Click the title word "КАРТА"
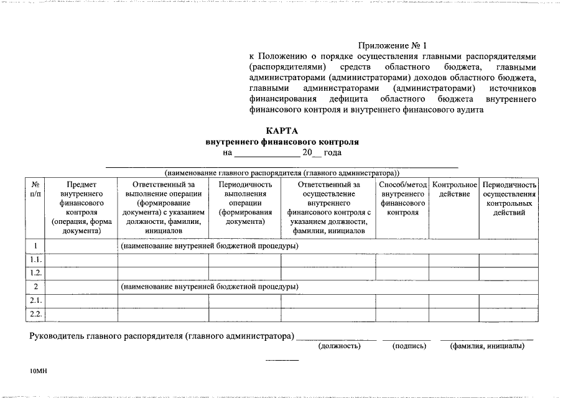pos(282,131)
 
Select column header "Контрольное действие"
pos(454,190)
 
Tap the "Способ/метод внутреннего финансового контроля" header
pos(402,198)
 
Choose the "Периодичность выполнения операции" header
pos(244,203)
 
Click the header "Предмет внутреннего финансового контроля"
pos(81,208)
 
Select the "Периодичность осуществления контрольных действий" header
pos(509,198)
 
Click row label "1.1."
pos(35,259)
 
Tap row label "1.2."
pos(35,273)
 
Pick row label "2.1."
pos(35,300)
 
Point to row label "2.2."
pos(35,313)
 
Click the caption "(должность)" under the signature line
pos(339,346)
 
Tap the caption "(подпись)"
pos(409,346)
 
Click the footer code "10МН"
pos(39,371)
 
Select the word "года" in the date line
pos(333,152)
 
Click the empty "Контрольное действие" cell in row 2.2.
pos(454,313)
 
